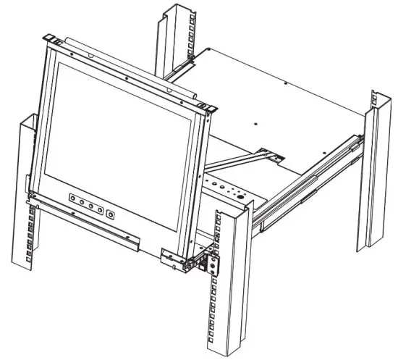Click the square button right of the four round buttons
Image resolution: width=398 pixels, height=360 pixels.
109,214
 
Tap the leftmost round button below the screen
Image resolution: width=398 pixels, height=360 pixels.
73,198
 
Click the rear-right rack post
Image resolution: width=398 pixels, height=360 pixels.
376,174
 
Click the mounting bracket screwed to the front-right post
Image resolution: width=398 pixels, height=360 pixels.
211,259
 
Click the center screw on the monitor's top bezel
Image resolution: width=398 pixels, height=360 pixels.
127,77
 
